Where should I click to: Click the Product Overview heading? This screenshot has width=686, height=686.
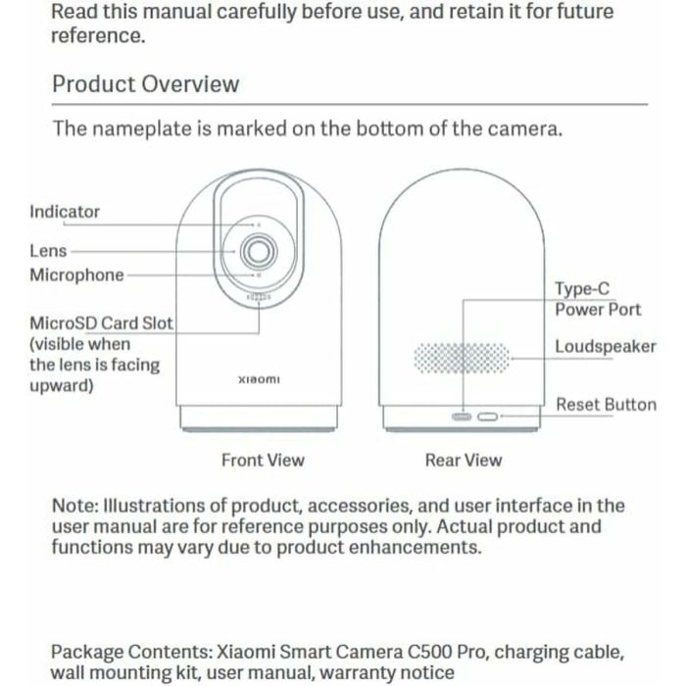click(x=145, y=83)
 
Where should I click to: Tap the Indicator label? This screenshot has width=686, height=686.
click(x=65, y=211)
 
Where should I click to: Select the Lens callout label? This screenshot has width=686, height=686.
click(x=48, y=251)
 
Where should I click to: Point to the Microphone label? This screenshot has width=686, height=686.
click(x=76, y=275)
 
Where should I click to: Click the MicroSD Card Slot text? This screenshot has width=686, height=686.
click(x=101, y=322)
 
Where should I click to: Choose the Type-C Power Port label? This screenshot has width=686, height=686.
click(x=598, y=299)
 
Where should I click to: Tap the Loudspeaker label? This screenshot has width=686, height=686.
click(x=606, y=346)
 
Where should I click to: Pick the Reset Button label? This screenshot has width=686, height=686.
click(x=606, y=405)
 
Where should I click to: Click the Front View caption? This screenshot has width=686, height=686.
click(x=263, y=460)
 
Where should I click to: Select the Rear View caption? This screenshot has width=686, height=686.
click(x=464, y=460)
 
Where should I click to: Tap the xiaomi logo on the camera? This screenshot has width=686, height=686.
click(x=259, y=379)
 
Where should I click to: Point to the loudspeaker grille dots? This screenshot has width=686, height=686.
click(x=463, y=358)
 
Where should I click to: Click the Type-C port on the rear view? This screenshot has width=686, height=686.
click(x=462, y=416)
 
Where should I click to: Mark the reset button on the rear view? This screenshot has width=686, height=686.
click(x=488, y=416)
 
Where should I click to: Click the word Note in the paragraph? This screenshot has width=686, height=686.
click(x=73, y=506)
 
